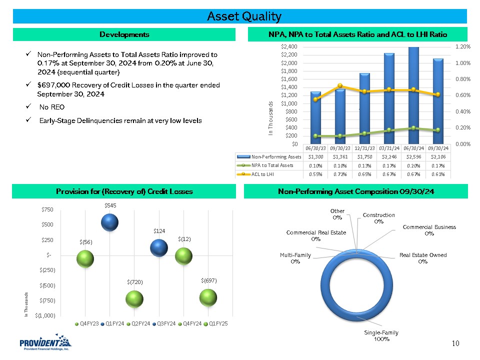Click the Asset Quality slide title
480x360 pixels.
coord(244,16)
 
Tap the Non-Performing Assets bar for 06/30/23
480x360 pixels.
coord(315,117)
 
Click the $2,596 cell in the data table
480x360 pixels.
coord(411,156)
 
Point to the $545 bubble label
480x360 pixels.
coord(109,205)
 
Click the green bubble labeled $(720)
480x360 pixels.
coord(134,299)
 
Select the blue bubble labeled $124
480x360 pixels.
coord(159,247)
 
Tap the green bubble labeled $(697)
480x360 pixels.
coord(208,297)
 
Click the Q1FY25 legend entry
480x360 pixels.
coord(217,323)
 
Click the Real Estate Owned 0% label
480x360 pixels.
coord(423,258)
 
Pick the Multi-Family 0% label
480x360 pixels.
coord(295,258)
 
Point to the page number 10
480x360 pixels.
coord(455,343)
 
